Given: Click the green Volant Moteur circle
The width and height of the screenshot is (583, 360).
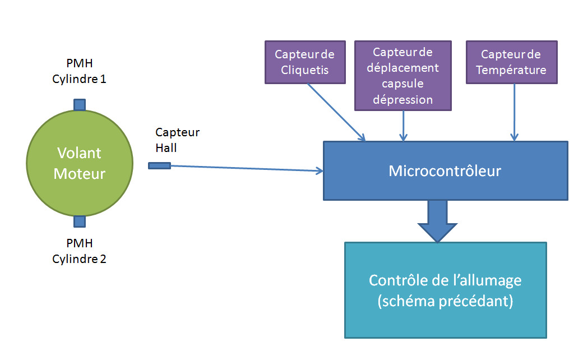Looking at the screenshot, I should coord(80,163).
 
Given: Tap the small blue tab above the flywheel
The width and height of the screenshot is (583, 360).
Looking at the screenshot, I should coord(80,104).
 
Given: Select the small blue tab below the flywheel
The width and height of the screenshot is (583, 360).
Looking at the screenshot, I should coord(80,221).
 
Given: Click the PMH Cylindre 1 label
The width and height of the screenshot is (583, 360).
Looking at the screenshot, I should coord(79,71).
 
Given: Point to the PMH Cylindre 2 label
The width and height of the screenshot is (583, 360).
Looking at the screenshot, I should coord(79,251).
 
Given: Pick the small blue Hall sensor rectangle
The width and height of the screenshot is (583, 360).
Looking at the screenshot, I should coord(159,165).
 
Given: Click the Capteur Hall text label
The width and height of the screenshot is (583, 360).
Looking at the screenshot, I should coord(177,140).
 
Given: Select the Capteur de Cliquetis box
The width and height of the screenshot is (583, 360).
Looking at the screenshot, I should coord(304,62).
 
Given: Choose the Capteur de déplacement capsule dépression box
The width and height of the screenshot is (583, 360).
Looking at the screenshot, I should coord(403,75).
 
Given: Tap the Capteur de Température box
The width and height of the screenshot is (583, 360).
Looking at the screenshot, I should coord(512,62).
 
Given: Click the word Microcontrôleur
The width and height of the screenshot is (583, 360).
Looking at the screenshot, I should coord(445,170).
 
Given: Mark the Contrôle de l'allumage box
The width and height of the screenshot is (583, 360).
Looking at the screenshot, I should coord(445,290).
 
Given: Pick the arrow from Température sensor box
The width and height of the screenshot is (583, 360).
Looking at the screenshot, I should coord(514,112).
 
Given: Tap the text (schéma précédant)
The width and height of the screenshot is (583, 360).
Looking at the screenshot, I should coord(445,301).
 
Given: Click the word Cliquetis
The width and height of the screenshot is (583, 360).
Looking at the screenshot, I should coord(304,70).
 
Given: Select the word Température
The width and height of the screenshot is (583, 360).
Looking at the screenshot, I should coord(512,70).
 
